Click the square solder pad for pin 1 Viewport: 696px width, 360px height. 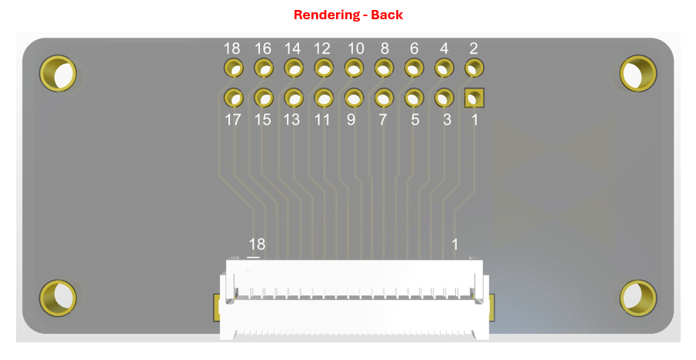click(x=474, y=98)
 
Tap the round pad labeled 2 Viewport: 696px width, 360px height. click(x=474, y=68)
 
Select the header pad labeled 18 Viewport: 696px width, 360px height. click(x=233, y=68)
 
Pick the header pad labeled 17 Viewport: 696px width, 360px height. click(x=233, y=98)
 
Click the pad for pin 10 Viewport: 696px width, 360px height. click(x=354, y=68)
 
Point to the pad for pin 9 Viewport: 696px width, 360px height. click(x=354, y=98)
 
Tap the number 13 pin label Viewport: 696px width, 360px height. click(x=291, y=120)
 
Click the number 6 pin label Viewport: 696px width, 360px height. click(x=414, y=48)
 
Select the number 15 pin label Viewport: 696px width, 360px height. click(x=262, y=120)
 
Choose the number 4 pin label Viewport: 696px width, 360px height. click(x=444, y=48)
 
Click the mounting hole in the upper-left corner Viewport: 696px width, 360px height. click(x=58, y=73)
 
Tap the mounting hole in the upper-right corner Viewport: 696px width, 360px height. click(x=638, y=73)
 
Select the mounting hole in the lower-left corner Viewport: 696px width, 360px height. click(x=58, y=298)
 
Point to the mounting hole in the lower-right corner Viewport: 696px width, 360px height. click(x=638, y=298)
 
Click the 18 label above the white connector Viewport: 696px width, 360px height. click(x=257, y=244)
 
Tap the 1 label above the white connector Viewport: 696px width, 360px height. click(x=455, y=244)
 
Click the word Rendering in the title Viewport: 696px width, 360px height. click(x=328, y=15)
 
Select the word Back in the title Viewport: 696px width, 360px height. click(x=387, y=15)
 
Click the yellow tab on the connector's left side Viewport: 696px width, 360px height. click(x=217, y=307)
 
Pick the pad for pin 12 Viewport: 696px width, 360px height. click(x=324, y=68)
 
